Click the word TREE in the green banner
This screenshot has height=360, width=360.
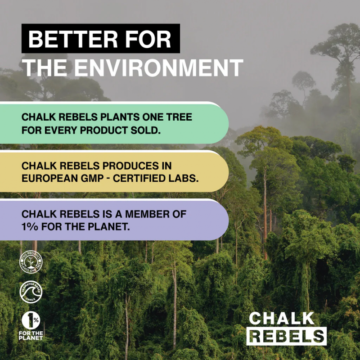point(180,117)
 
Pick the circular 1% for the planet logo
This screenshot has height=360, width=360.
point(31,320)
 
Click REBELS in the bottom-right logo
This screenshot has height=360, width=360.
point(288,336)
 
